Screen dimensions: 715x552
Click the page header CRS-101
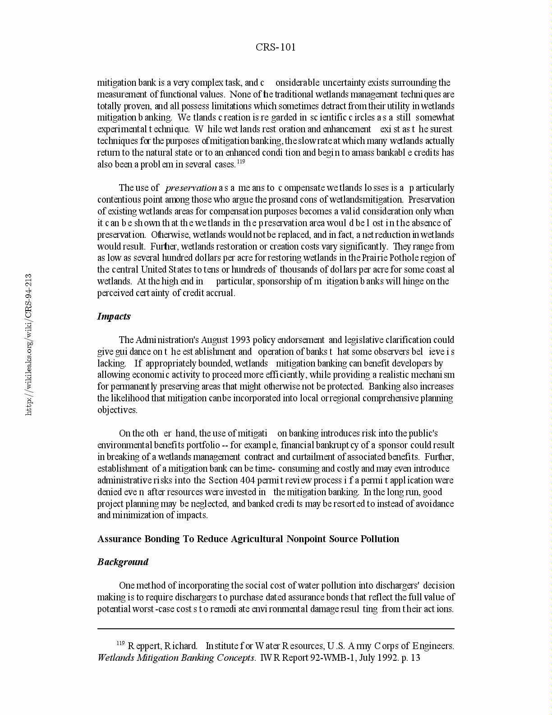tap(276, 47)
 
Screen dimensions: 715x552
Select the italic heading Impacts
tap(114, 316)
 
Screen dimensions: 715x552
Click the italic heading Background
tap(123, 562)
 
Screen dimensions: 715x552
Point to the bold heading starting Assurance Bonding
tap(248, 539)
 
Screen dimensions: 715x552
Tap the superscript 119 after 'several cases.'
tap(241, 161)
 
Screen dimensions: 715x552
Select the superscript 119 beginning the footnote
tap(120, 643)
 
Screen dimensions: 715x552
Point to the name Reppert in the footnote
tap(144, 646)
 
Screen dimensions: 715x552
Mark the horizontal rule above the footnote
tap(276, 628)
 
